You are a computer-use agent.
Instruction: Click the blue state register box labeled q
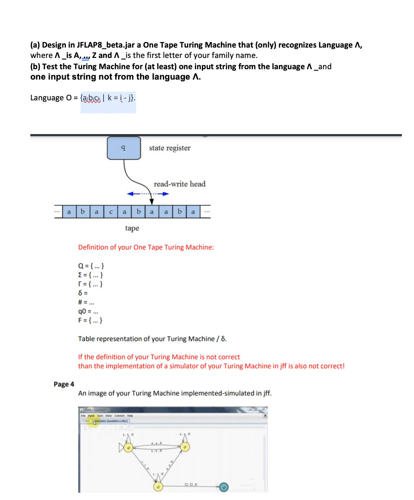coord(124,147)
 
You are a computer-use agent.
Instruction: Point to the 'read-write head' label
coord(179,184)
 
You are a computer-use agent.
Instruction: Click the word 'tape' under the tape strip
coord(132,228)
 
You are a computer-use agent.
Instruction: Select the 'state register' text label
coord(169,148)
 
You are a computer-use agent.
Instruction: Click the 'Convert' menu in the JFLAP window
coord(116,416)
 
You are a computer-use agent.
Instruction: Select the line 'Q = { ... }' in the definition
coord(90,266)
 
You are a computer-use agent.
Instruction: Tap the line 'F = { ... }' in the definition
coord(90,321)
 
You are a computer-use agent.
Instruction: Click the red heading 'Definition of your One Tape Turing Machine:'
coord(146,247)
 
